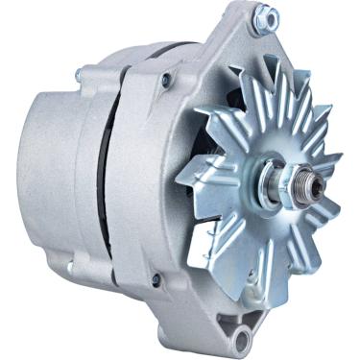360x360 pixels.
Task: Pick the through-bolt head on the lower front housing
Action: pos(156,279)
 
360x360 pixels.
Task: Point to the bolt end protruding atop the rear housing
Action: pos(79,72)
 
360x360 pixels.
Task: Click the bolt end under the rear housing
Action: pos(69,266)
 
